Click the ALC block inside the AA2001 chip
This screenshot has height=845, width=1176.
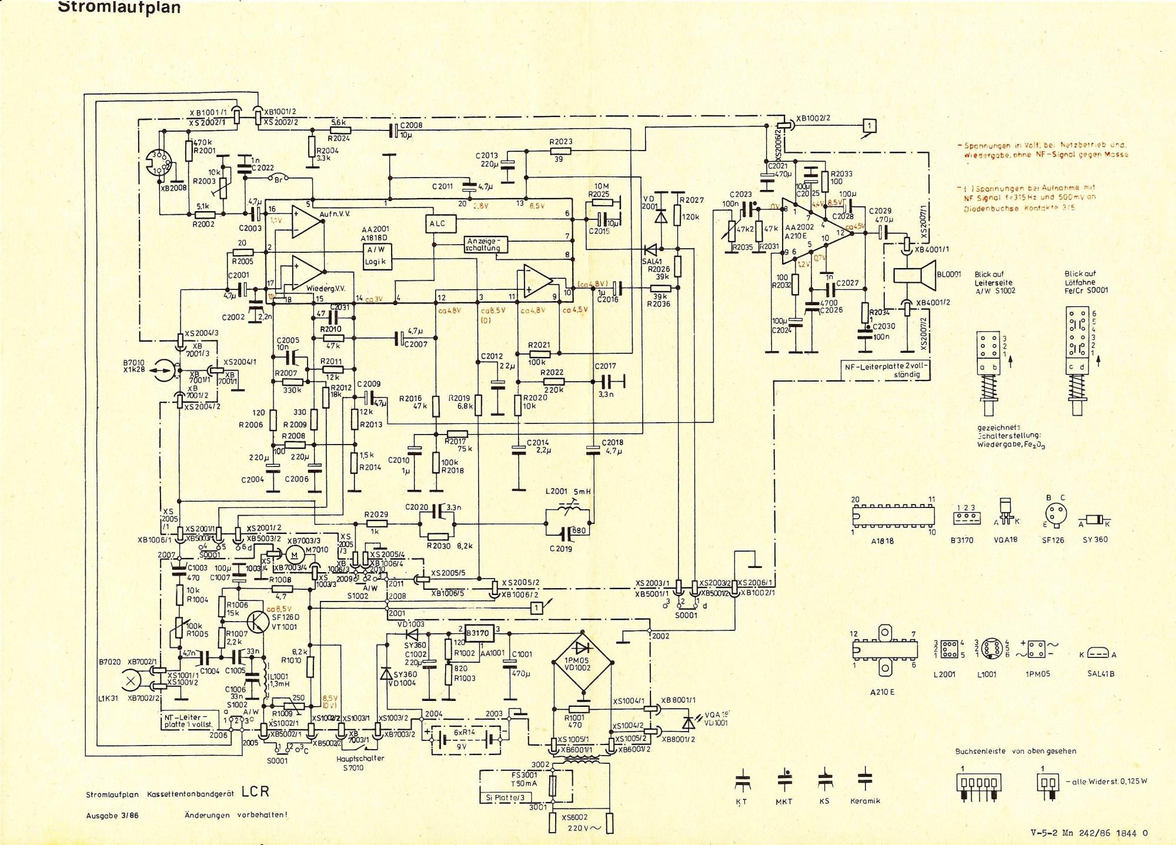coord(437,223)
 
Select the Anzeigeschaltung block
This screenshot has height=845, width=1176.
coord(486,244)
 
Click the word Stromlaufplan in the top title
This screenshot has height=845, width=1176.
coord(119,8)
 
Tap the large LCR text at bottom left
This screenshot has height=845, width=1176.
coord(255,791)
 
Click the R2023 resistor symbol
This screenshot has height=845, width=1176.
coord(560,151)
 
